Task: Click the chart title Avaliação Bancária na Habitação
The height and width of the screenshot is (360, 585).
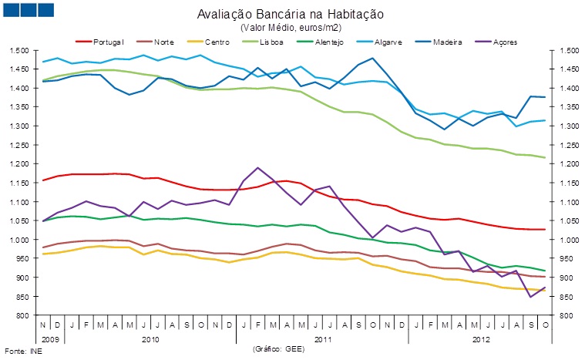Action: pos(291,15)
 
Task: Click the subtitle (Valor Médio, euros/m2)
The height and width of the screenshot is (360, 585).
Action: pos(291,27)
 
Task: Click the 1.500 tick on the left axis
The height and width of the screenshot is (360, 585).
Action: pos(20,50)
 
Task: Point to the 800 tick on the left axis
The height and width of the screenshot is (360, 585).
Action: pos(23,315)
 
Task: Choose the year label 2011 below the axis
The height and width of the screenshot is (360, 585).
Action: pos(324,338)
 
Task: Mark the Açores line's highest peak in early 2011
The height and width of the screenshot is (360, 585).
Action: pos(258,167)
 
